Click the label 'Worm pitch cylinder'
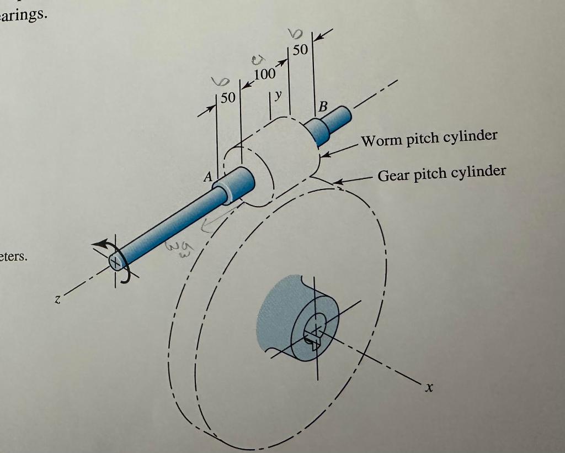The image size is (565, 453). coord(429,138)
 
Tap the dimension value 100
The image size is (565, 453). coord(264,75)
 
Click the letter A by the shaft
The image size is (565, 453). coord(208,177)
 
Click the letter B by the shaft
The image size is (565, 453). coord(323,106)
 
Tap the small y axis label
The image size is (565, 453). coord(278,95)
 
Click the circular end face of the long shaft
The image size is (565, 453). coord(116,260)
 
